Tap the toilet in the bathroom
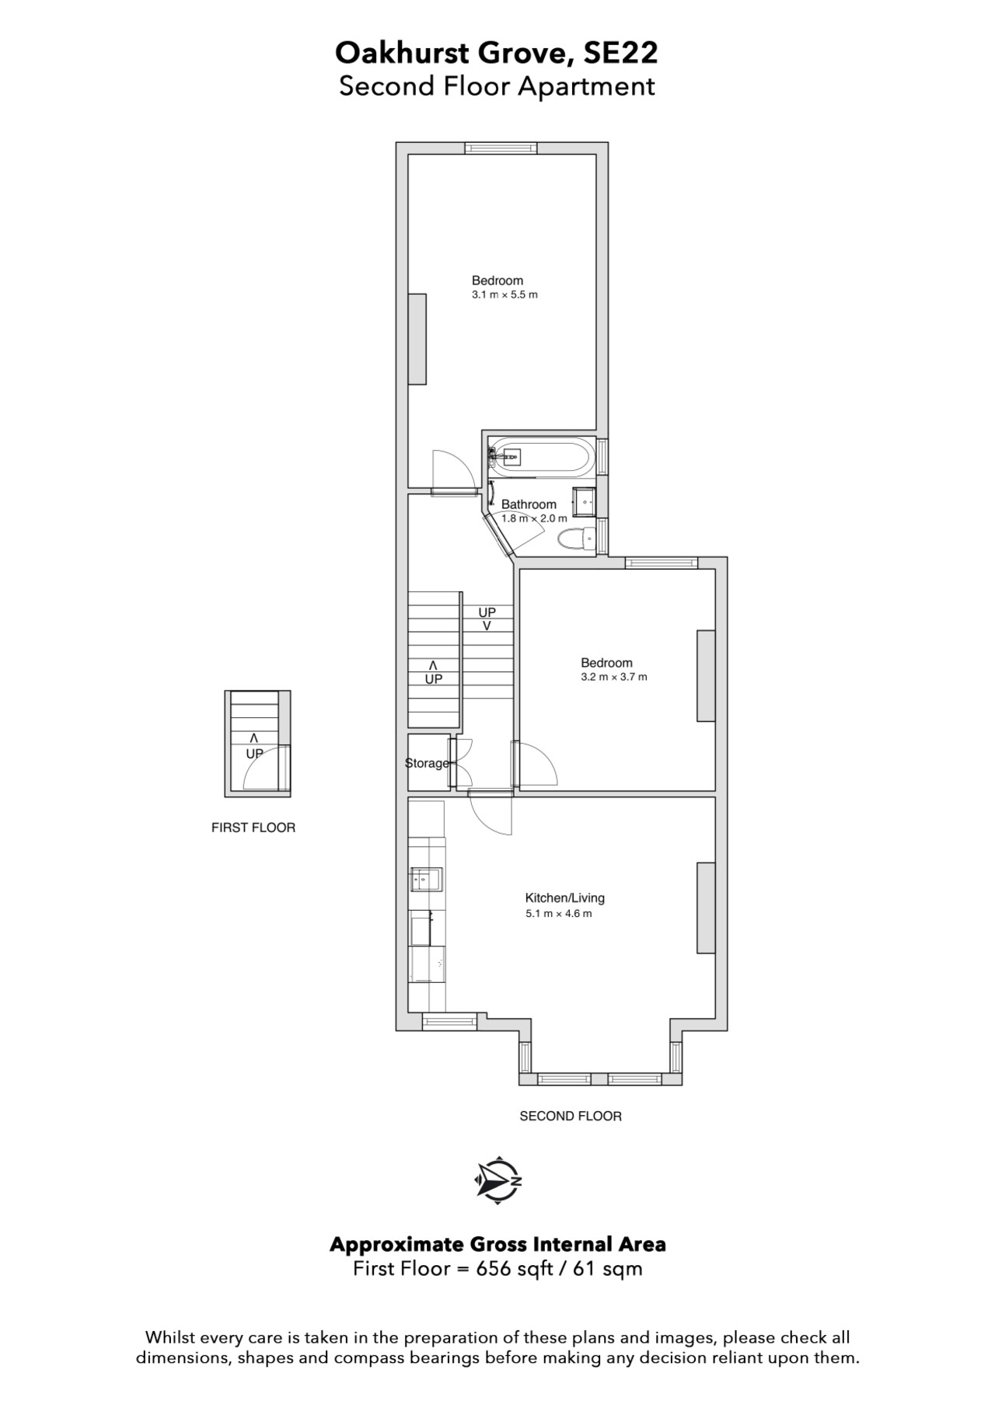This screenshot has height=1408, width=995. coord(576,538)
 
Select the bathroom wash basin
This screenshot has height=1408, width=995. coord(584,501)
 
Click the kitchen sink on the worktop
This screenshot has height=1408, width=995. coord(426,879)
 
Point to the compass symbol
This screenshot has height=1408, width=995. coord(497,1181)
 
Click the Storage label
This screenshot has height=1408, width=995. coord(427,763)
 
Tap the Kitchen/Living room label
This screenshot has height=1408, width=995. coord(565,897)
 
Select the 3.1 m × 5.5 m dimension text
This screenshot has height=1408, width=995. coord(504,295)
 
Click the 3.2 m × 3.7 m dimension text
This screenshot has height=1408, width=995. coord(614,677)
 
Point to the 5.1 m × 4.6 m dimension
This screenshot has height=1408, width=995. coord(559,914)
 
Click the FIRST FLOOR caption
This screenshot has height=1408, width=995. coord(253,828)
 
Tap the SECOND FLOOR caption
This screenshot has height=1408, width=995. coord(571,1116)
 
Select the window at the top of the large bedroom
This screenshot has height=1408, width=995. coord(501,148)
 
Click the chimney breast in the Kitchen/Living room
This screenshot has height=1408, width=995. coord(706,908)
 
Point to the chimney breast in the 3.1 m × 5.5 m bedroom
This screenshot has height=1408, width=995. coord(417,339)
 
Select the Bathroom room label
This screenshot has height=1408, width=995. coord(529,504)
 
